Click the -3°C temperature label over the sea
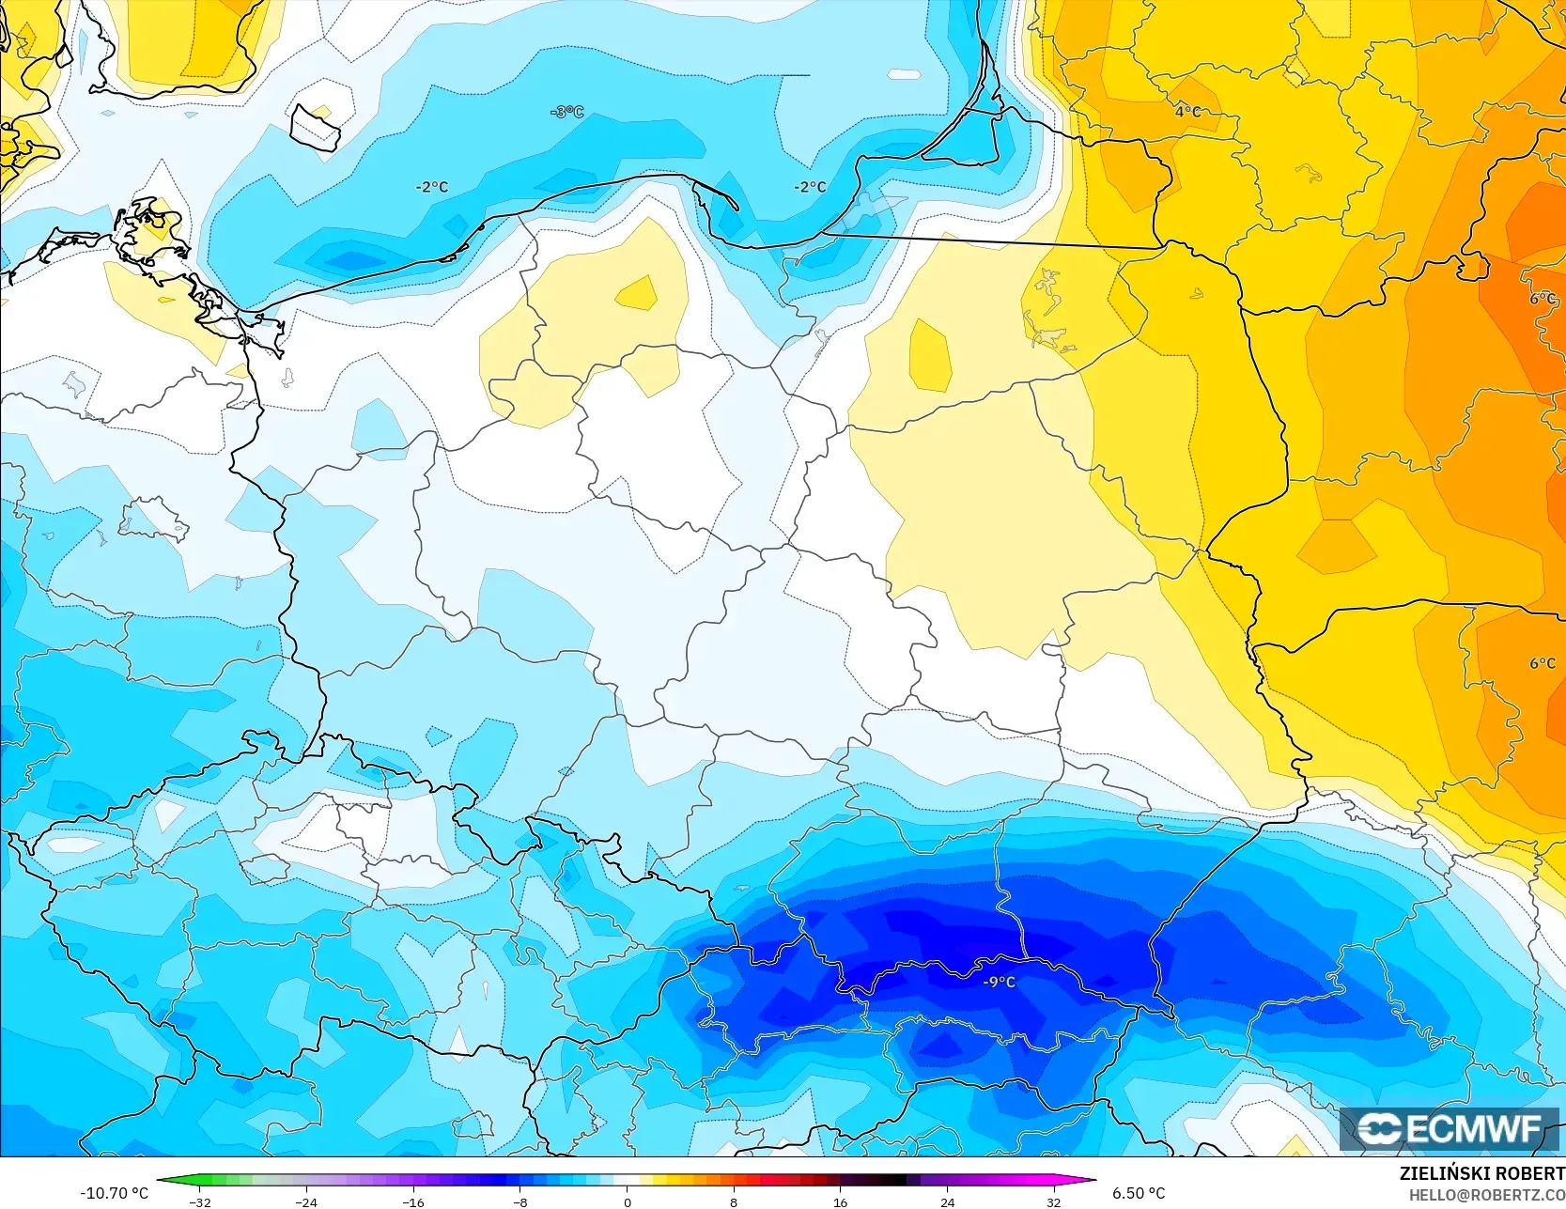point(567,112)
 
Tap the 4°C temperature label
point(1187,111)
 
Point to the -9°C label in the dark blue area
point(999,982)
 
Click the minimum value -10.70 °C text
point(114,1193)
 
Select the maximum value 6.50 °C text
point(1139,1193)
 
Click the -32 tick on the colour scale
point(199,1201)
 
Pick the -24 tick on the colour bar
point(306,1201)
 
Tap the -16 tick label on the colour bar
point(412,1201)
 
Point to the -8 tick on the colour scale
point(519,1201)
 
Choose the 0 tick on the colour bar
point(627,1201)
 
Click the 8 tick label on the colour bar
point(734,1201)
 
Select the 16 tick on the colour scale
point(840,1201)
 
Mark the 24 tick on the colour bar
point(947,1201)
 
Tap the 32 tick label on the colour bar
point(1053,1201)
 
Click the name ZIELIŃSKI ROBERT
point(1481,1174)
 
